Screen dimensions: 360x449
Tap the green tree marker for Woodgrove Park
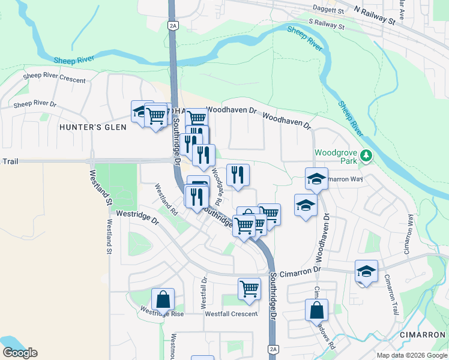(366, 157)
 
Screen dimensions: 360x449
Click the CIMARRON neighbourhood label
(423, 334)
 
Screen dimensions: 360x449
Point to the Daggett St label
(328, 10)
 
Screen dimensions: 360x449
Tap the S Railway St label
(327, 25)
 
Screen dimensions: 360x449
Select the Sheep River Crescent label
(55, 77)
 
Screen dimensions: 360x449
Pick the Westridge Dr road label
(137, 217)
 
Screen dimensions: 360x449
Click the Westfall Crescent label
(231, 314)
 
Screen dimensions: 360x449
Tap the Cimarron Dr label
(305, 271)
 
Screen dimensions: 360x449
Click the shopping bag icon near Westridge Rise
(163, 299)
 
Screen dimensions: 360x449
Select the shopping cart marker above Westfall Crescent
(249, 288)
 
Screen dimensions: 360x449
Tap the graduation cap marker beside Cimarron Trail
(366, 271)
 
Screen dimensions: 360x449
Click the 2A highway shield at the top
(173, 25)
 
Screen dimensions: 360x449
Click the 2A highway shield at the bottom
(274, 349)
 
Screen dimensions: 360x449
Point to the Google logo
(20, 353)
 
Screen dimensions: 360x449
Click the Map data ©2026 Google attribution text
(411, 355)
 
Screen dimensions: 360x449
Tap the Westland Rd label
(166, 200)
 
